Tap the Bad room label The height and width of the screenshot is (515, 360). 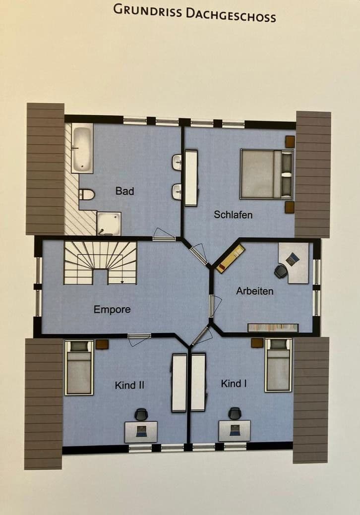tap(124, 191)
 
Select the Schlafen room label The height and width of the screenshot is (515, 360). tap(233, 215)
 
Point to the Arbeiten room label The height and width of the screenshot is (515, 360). tap(254, 291)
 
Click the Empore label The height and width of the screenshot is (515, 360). tap(112, 310)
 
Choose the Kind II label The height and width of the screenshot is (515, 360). tap(129, 385)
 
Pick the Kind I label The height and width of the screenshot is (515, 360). tap(234, 384)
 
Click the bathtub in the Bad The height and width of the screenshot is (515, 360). tap(82, 148)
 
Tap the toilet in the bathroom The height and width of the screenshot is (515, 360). tap(86, 195)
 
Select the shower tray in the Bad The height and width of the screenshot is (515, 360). tap(109, 223)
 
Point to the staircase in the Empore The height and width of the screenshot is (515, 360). tap(100, 263)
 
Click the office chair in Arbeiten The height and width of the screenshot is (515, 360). tap(281, 271)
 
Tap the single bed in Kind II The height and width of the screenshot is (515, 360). tap(79, 367)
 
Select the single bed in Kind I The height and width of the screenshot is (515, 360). tap(278, 365)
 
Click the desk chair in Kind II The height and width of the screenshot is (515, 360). tap(141, 414)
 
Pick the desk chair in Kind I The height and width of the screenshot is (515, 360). tap(235, 413)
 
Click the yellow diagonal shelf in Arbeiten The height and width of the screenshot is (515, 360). tap(230, 259)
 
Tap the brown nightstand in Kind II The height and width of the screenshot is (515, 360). tap(102, 344)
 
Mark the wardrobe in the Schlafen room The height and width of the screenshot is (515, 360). tap(191, 178)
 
